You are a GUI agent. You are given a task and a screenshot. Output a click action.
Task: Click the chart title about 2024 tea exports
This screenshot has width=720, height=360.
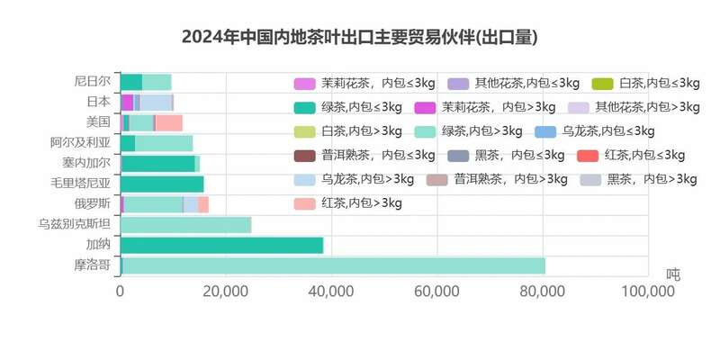click(x=360, y=37)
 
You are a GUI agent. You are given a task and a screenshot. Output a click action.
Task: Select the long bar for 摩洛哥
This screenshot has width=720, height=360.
click(x=333, y=265)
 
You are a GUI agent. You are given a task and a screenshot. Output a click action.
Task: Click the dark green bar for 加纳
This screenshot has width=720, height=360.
click(x=221, y=245)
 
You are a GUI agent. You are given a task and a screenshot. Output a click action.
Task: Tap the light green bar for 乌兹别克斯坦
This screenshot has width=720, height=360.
click(x=185, y=224)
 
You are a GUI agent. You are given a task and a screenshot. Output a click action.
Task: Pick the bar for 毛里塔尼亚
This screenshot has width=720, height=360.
click(x=162, y=184)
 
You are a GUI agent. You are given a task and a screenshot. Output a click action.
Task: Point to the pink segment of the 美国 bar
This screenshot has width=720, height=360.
click(x=169, y=122)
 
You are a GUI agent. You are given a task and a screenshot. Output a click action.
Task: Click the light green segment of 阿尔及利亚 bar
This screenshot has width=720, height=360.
click(x=164, y=142)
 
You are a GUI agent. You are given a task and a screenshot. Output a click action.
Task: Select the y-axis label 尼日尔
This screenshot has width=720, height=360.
click(x=92, y=81)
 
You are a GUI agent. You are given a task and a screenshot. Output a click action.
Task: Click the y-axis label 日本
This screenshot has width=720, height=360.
click(x=97, y=101)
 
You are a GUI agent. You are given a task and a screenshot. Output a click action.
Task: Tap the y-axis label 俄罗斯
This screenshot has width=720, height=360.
click(x=92, y=203)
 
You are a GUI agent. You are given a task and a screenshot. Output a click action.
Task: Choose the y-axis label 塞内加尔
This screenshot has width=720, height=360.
click(x=86, y=163)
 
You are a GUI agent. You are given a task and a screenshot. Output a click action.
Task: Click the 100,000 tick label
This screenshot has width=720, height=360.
click(x=648, y=292)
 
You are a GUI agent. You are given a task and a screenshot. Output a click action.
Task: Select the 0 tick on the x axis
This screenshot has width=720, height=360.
click(x=120, y=292)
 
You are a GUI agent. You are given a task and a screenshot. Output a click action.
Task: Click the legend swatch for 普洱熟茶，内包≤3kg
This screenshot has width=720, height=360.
click(x=306, y=155)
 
